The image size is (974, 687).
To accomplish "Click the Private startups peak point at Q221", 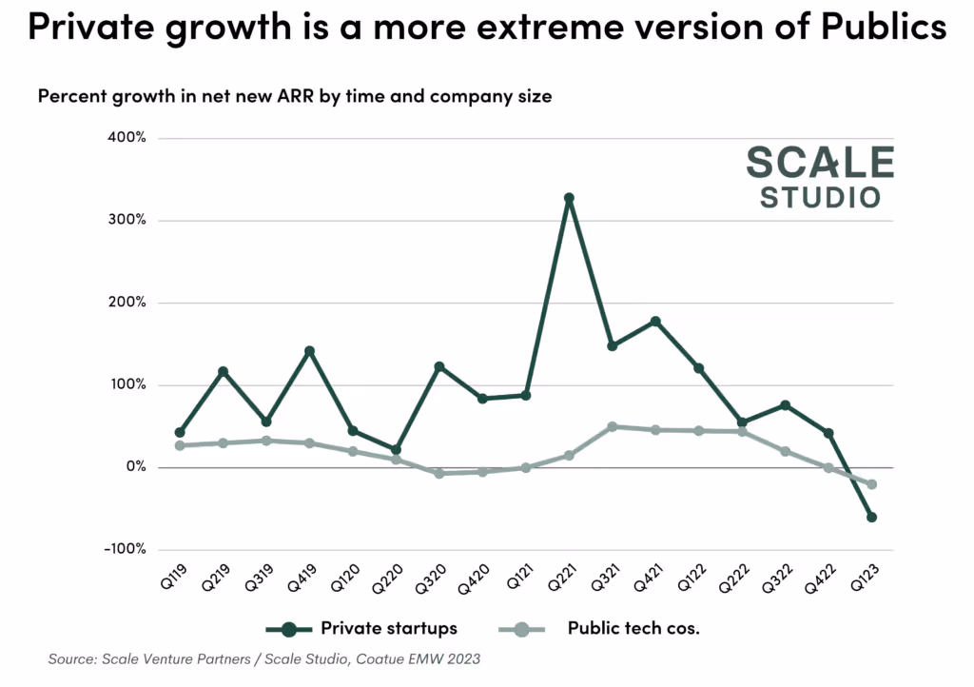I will (x=569, y=198).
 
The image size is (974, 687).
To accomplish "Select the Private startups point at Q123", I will (x=871, y=518).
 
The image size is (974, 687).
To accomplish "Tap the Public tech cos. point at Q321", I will (x=613, y=426).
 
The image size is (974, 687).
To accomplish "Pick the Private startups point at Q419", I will (x=309, y=351).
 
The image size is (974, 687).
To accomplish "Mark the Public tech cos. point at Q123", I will (x=871, y=484).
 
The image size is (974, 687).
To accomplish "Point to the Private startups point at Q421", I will (x=655, y=322).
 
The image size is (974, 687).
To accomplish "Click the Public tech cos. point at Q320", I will (x=439, y=473).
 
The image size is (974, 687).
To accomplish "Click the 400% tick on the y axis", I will (x=127, y=138).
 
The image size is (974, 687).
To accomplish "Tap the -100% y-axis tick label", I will (x=125, y=550).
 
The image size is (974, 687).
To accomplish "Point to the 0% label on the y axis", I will (x=135, y=467).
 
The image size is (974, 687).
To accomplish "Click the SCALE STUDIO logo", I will (x=820, y=177).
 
